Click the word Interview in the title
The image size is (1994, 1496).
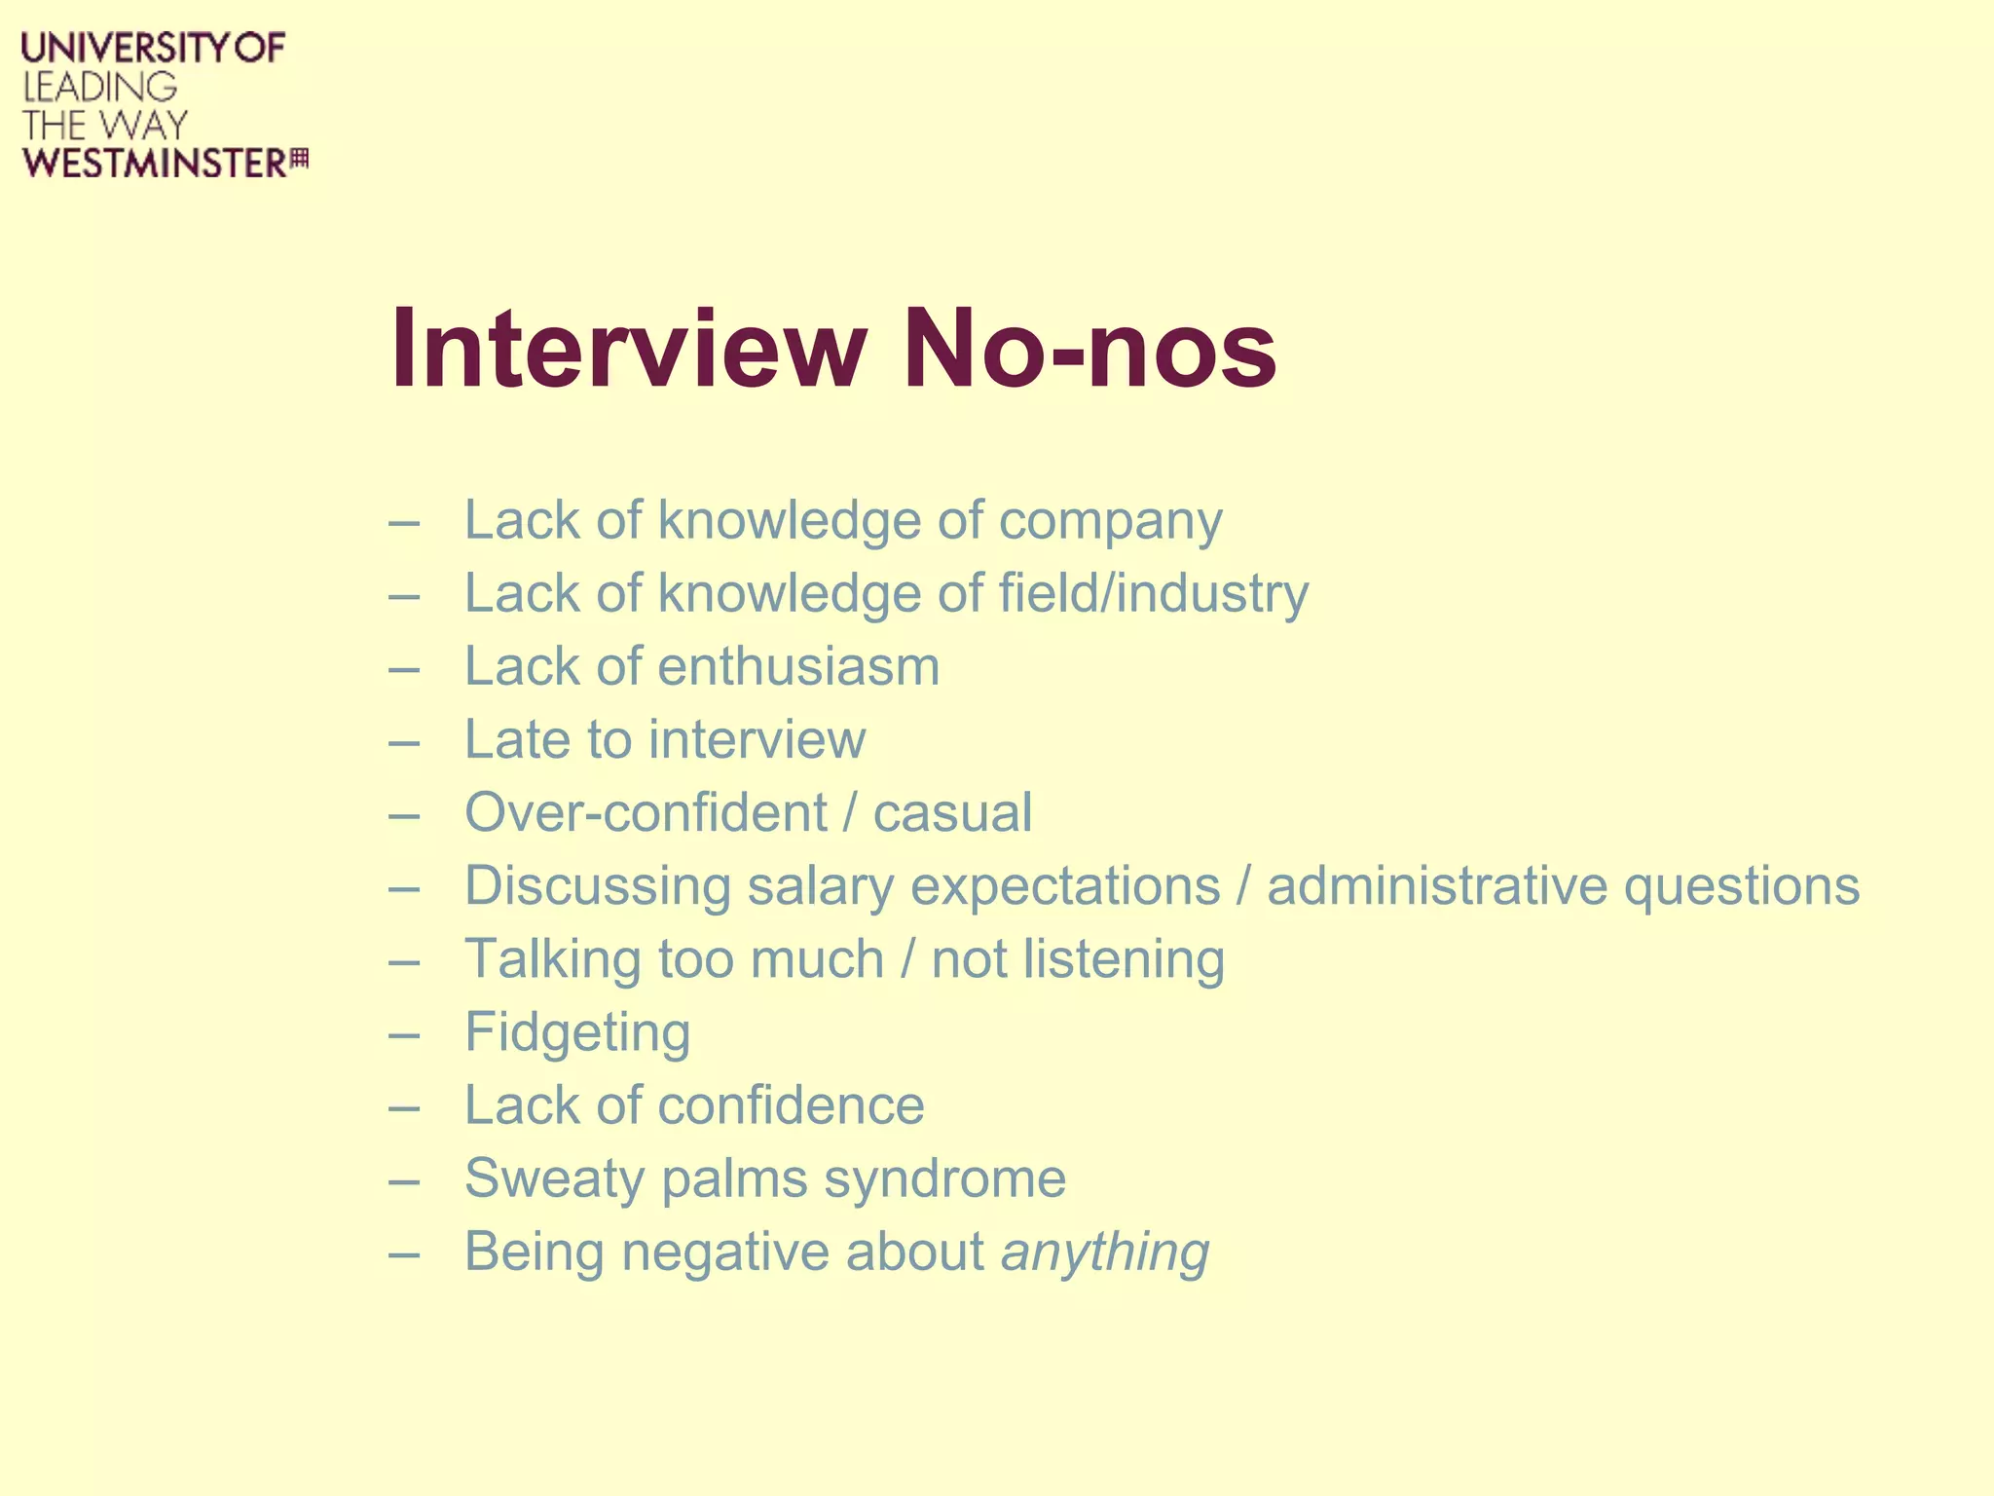628,349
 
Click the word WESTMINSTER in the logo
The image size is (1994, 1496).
155,164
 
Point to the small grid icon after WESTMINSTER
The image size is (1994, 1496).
300,158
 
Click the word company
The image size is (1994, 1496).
1110,521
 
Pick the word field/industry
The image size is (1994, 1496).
1154,594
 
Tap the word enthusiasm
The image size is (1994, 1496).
798,667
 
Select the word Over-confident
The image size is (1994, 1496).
646,813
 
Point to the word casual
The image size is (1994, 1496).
952,813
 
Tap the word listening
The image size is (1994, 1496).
1124,959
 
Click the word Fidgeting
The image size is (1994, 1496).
577,1032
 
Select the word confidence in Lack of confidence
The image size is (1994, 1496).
791,1105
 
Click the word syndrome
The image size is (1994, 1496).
944,1178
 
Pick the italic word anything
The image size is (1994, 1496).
1105,1252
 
